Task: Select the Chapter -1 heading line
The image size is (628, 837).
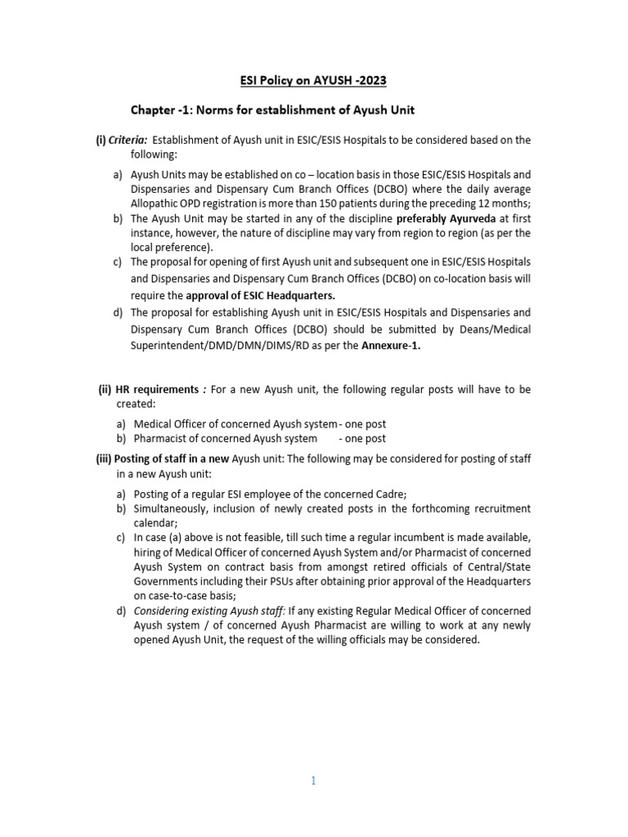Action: pos(278,110)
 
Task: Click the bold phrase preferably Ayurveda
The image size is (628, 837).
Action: pos(438,218)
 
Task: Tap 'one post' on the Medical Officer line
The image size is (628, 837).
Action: pos(365,424)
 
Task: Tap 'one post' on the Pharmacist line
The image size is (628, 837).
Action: pos(365,439)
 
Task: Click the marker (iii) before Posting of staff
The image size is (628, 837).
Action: pos(104,459)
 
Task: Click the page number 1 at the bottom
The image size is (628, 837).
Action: pos(313,781)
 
